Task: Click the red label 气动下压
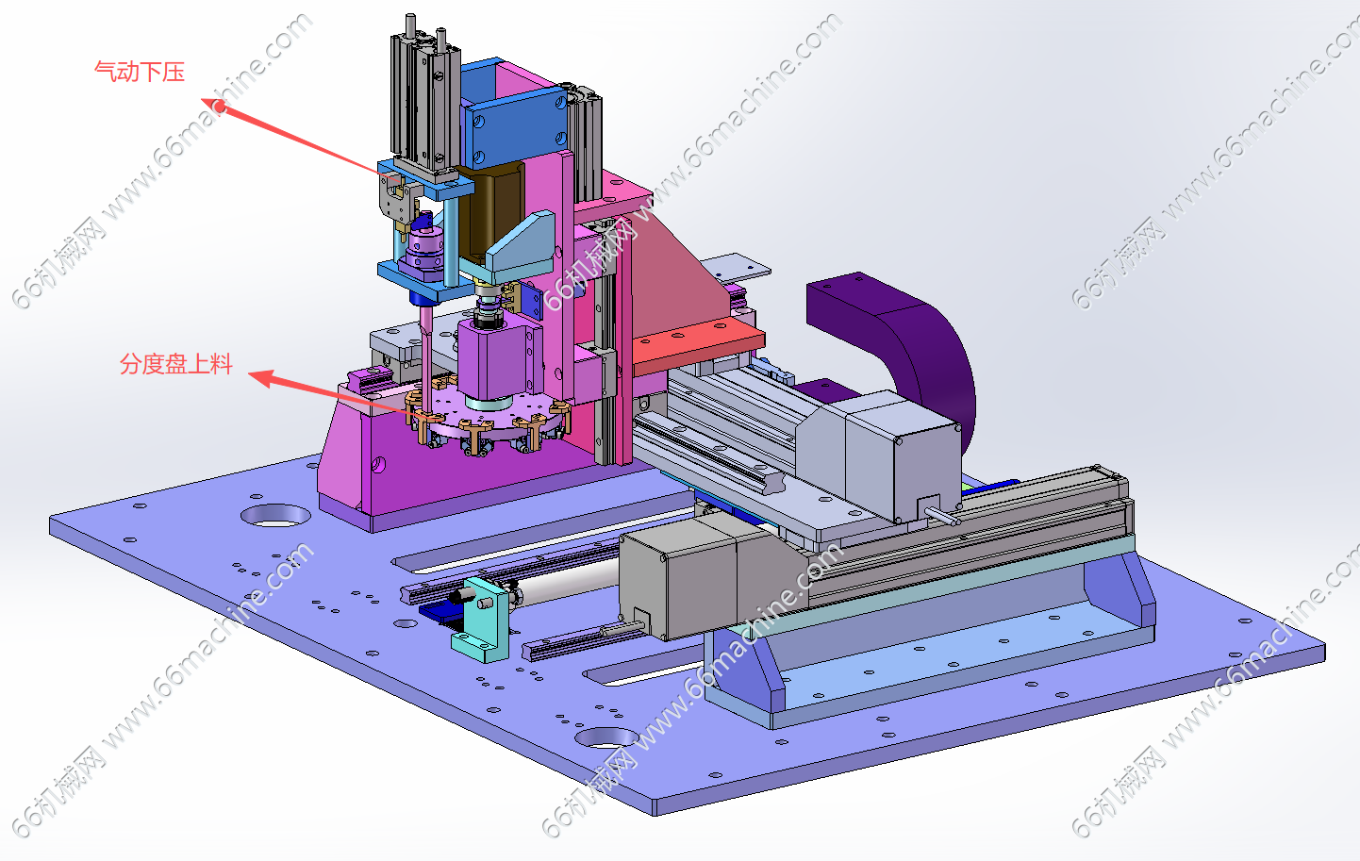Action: point(140,72)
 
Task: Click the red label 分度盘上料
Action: point(176,364)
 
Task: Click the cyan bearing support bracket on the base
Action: point(482,620)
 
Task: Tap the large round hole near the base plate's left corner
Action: point(275,516)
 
